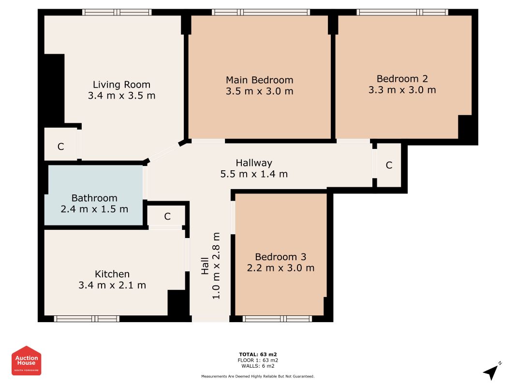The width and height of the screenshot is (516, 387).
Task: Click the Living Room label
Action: coord(121,85)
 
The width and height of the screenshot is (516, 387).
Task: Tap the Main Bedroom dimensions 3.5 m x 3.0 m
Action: coord(259,91)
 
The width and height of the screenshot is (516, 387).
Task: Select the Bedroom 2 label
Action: coord(402,79)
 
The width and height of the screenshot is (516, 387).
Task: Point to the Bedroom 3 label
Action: coord(280,257)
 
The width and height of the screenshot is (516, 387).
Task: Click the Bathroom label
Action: coord(94,198)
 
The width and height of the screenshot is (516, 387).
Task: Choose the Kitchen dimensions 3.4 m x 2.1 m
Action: coord(112,285)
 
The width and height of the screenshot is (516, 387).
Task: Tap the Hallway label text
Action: coord(254,163)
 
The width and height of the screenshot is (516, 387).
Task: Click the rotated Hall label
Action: coord(205,266)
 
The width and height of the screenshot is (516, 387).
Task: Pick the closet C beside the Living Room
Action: coord(60,147)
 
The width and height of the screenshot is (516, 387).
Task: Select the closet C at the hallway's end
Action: coord(389,165)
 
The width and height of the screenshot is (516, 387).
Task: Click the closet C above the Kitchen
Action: coord(167,216)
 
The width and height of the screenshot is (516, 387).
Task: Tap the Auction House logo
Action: coord(26,360)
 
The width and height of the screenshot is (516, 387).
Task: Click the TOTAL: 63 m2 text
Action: coord(258,355)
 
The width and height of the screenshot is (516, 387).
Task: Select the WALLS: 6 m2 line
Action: coord(258,366)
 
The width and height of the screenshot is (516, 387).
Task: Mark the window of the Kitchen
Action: coord(87,319)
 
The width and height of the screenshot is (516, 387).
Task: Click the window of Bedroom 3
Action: coord(277,319)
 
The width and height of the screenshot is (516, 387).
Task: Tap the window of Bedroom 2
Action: coord(402,12)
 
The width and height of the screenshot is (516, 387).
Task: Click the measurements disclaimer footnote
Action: coord(258,376)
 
